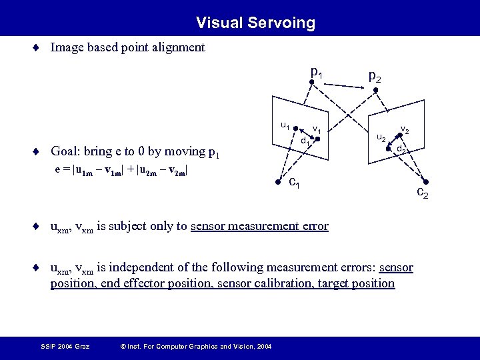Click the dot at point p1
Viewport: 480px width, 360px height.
tap(312, 83)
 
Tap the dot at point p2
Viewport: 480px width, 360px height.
tap(375, 91)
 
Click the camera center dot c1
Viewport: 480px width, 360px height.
tap(278, 181)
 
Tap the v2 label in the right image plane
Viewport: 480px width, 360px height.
tap(405, 131)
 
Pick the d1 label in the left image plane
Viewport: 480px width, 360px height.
tap(305, 141)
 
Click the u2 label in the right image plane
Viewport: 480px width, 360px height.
tap(381, 138)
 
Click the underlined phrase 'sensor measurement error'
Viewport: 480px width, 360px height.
tap(259, 226)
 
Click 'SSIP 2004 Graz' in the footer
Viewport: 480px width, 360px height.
tap(65, 346)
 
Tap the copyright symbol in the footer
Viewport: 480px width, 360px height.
tap(121, 346)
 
